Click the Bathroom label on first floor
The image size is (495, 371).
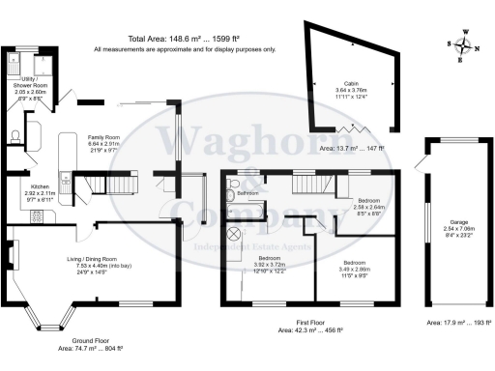(250, 192)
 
